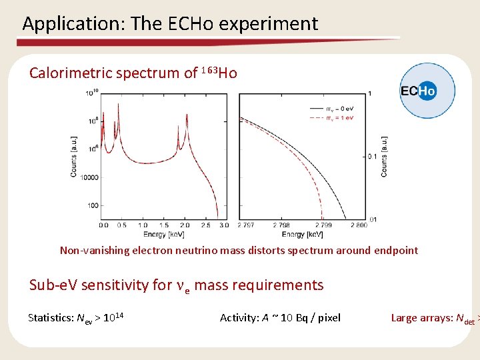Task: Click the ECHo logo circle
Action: click(427, 91)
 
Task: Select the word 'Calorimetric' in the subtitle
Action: click(70, 73)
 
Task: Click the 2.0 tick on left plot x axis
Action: click(184, 226)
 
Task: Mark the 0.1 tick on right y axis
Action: click(373, 156)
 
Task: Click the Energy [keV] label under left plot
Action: click(163, 235)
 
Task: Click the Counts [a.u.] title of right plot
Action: click(384, 156)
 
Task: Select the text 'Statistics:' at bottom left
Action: click(50, 317)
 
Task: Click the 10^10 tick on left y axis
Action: click(91, 93)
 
